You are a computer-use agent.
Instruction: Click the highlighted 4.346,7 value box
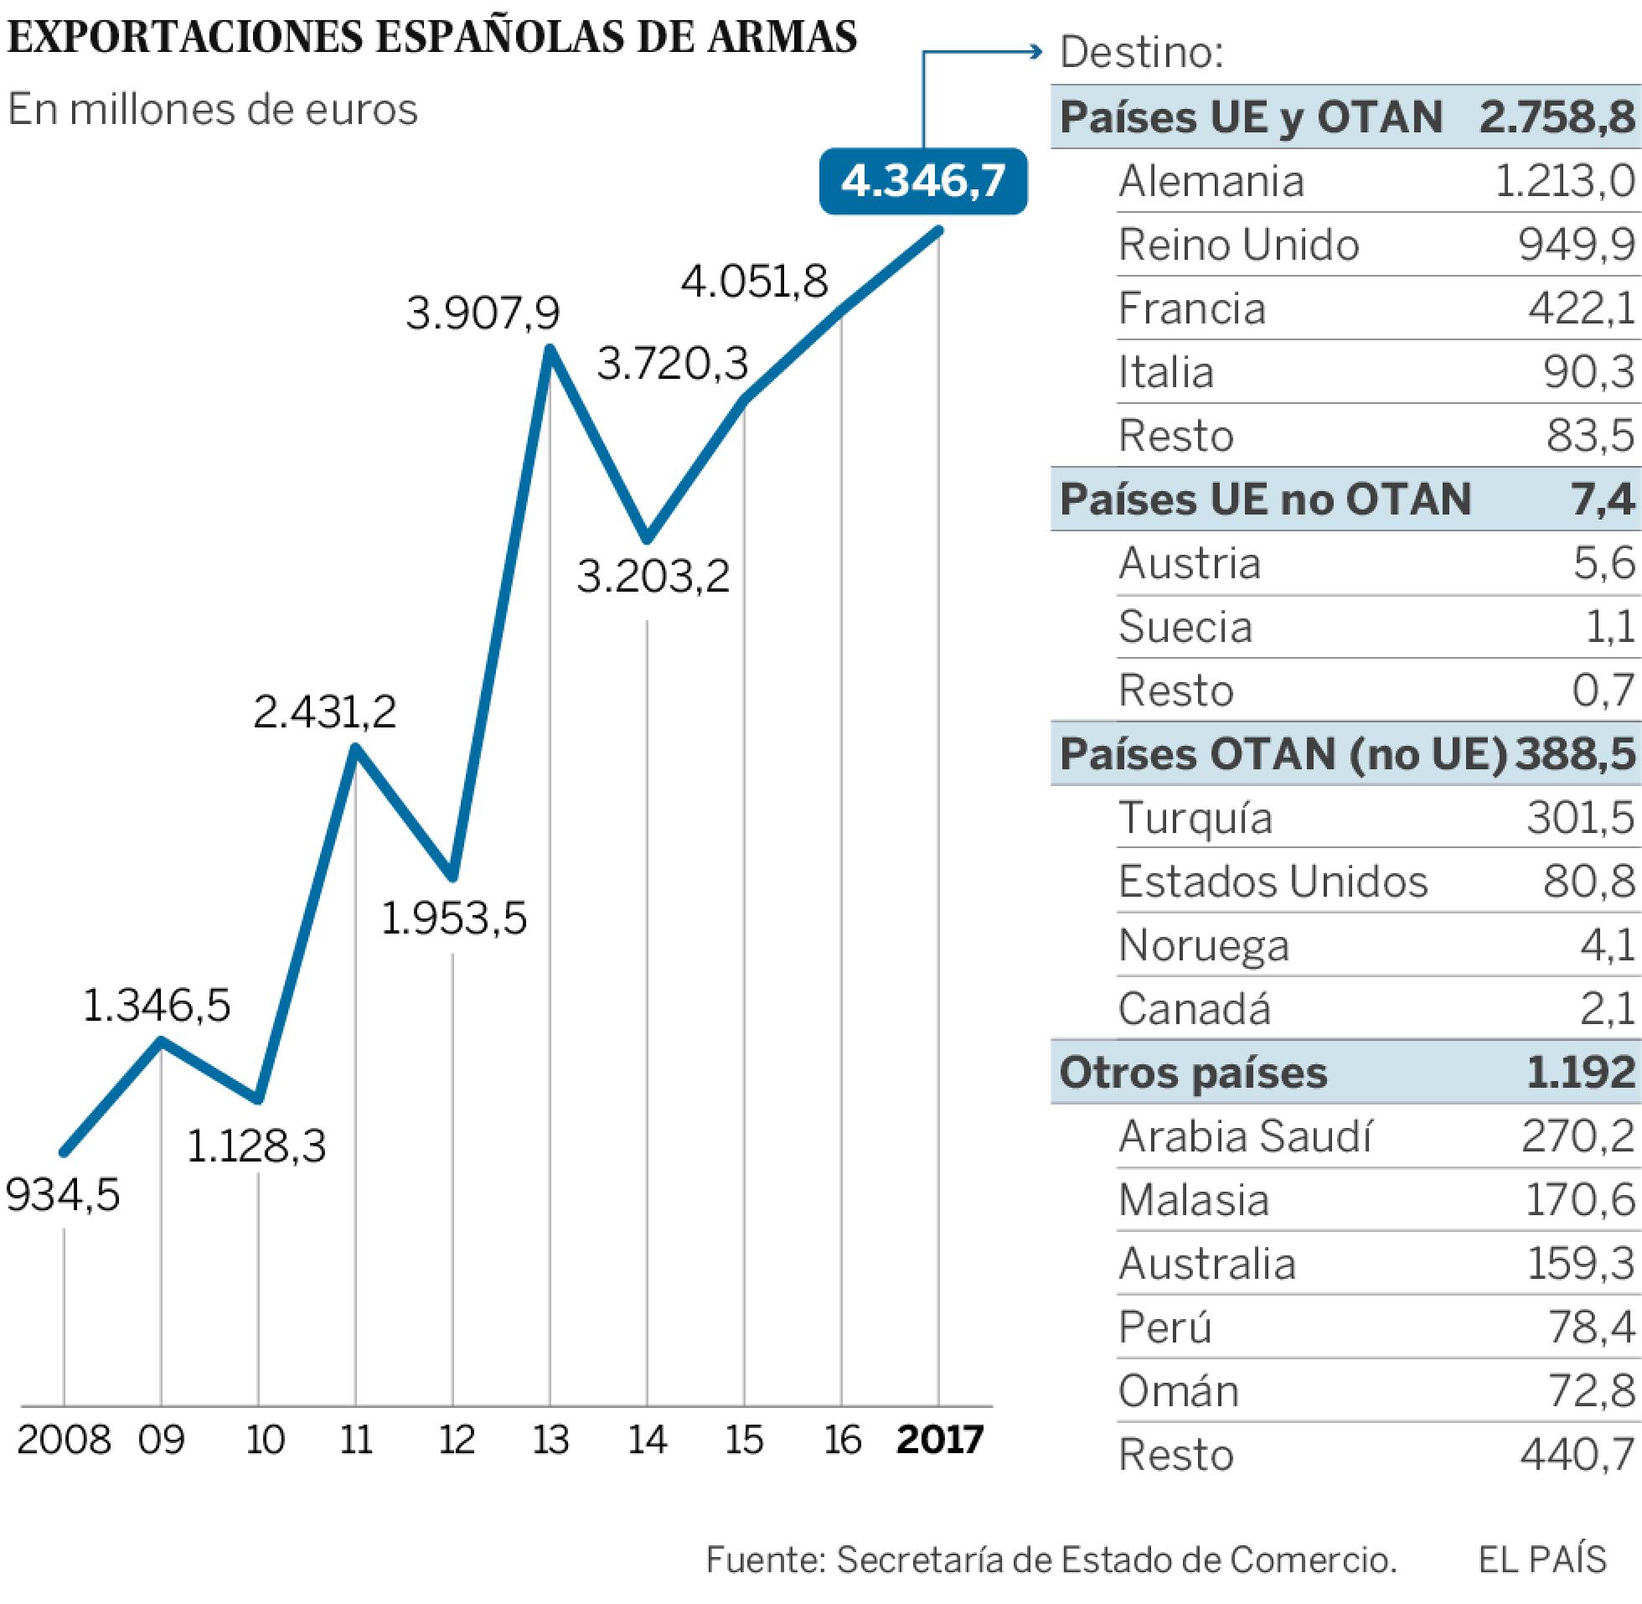tap(923, 181)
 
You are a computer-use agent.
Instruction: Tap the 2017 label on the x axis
tap(940, 1439)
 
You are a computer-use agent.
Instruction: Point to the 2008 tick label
tap(64, 1439)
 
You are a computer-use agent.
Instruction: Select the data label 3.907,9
tap(483, 313)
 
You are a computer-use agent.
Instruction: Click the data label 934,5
tap(63, 1194)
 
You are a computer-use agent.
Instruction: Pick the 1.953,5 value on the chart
tap(454, 918)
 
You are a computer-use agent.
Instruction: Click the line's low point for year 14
tap(647, 537)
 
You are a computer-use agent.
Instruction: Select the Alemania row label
tap(1211, 181)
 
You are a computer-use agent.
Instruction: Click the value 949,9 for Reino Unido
tap(1577, 246)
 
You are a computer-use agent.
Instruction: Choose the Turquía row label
tap(1195, 819)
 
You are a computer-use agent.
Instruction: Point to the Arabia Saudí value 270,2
tap(1578, 1136)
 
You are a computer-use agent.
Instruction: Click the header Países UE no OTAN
tap(1266, 499)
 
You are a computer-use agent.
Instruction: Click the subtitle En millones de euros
tap(212, 110)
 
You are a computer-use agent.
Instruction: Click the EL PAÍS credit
tap(1542, 1560)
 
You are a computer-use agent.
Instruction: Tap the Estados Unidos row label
tap(1273, 882)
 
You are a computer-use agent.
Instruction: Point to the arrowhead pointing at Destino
tap(1037, 52)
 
